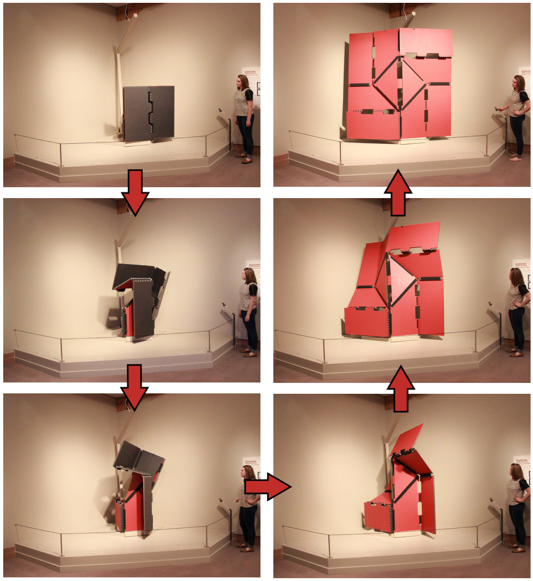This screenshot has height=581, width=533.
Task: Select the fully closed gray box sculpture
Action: [x=149, y=113]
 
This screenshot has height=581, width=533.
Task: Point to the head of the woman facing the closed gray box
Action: [x=243, y=83]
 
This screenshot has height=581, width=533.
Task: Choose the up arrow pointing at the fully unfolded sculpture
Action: [x=398, y=192]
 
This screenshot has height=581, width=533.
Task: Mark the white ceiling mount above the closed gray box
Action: [x=135, y=16]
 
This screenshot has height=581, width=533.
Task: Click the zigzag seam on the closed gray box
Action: [x=151, y=113]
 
